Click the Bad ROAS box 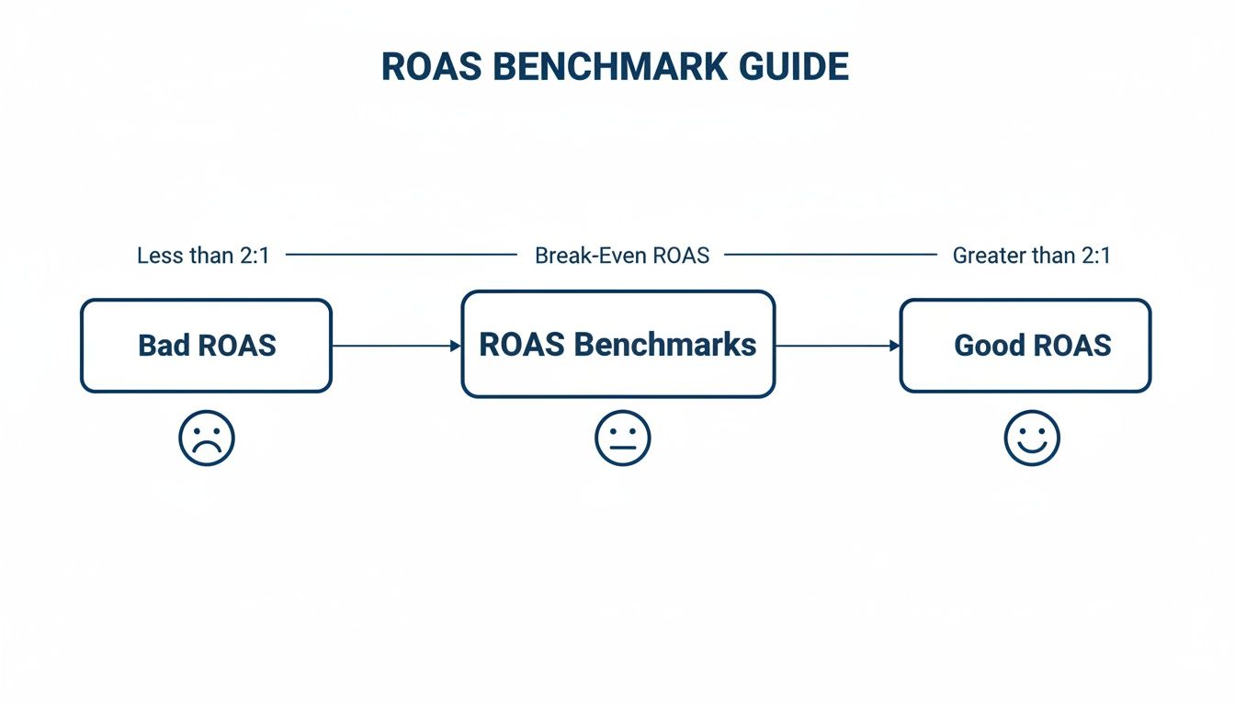206,346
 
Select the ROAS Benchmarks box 617,345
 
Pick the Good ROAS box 1025,346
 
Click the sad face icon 207,438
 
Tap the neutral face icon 622,438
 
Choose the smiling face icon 1032,438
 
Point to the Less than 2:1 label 203,256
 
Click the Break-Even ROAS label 622,256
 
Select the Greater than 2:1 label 1031,256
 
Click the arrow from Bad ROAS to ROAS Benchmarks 395,346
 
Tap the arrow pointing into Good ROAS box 837,346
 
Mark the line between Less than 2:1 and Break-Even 402,255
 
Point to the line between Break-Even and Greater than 831,255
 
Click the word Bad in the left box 159,346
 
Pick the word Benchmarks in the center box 664,345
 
